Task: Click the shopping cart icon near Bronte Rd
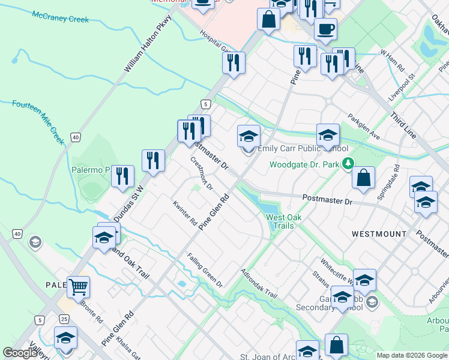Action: point(78,286)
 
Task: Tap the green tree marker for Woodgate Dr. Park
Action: point(348,163)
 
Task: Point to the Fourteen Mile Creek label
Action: point(38,121)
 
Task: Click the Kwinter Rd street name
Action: point(185,213)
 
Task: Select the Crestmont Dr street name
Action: point(202,173)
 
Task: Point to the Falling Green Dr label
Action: point(204,271)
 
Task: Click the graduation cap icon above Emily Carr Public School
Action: point(248,136)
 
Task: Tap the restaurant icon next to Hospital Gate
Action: point(233,62)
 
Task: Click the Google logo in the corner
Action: point(20,353)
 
